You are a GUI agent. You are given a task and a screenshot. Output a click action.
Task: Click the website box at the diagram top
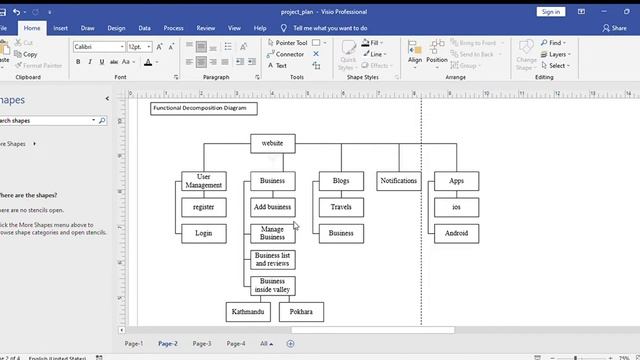pyautogui.click(x=272, y=143)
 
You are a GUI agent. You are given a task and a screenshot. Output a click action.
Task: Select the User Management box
pyautogui.click(x=204, y=181)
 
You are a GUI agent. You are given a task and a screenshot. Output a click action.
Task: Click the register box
pyautogui.click(x=204, y=207)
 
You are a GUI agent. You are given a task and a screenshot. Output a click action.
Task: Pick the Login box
pyautogui.click(x=204, y=233)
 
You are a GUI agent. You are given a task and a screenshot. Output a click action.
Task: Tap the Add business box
pyautogui.click(x=272, y=207)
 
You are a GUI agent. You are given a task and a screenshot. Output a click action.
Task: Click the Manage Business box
pyautogui.click(x=272, y=233)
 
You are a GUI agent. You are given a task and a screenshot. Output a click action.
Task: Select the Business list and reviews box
pyautogui.click(x=272, y=260)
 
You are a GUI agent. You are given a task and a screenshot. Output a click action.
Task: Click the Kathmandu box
pyautogui.click(x=248, y=312)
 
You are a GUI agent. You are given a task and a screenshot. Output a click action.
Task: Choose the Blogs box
pyautogui.click(x=341, y=181)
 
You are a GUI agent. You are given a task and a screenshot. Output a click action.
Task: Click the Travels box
pyautogui.click(x=341, y=207)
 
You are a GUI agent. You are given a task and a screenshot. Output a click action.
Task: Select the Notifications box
pyautogui.click(x=399, y=181)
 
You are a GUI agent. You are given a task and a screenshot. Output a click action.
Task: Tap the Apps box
pyautogui.click(x=456, y=181)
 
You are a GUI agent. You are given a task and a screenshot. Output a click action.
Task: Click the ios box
pyautogui.click(x=456, y=207)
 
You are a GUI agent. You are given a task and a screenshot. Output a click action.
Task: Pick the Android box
pyautogui.click(x=456, y=233)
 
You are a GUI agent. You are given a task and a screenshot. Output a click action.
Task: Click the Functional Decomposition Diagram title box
pyautogui.click(x=203, y=108)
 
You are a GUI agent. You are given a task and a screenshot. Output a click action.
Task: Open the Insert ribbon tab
pyautogui.click(x=61, y=29)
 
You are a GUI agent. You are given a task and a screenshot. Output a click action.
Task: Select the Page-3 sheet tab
pyautogui.click(x=202, y=343)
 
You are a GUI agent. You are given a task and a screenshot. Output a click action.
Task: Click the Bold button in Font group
pyautogui.click(x=77, y=62)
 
